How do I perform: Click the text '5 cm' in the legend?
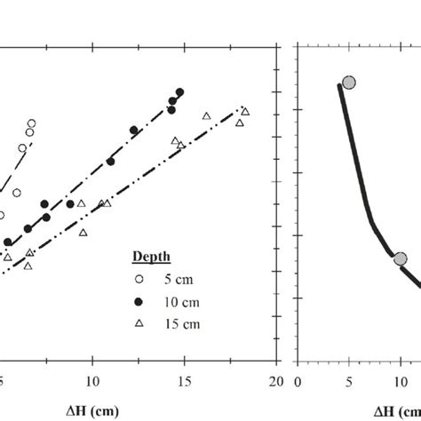(180, 279)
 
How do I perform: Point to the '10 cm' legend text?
(183, 301)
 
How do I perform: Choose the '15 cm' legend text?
(183, 323)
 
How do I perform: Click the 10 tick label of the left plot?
(92, 381)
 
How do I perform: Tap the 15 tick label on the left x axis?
(185, 381)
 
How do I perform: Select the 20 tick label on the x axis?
(276, 381)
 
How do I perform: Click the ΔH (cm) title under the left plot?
(93, 409)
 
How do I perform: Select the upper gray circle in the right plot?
(349, 83)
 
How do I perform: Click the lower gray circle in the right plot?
(400, 258)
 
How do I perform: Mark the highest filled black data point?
(179, 91)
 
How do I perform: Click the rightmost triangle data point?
(245, 111)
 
